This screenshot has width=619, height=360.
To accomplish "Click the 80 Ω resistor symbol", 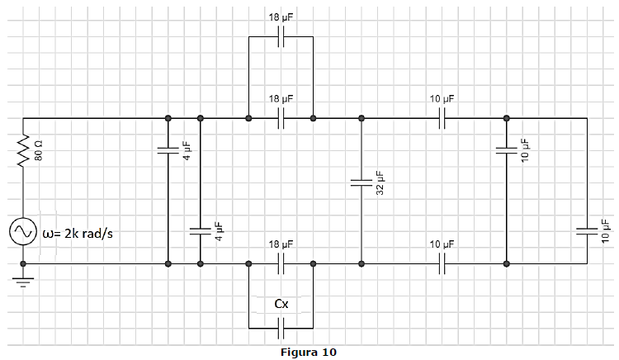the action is pyautogui.click(x=23, y=150).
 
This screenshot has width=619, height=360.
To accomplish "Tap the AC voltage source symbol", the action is pyautogui.click(x=23, y=231).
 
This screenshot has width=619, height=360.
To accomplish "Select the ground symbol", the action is pyautogui.click(x=23, y=282).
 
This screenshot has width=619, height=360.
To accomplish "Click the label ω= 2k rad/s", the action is pyautogui.click(x=78, y=234).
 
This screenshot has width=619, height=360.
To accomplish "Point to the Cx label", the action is pyautogui.click(x=281, y=304).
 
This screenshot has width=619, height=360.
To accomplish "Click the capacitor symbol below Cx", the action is pyautogui.click(x=281, y=329).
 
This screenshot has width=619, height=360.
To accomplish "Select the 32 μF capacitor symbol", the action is pyautogui.click(x=361, y=182).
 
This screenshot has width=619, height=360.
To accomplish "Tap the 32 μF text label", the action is pyautogui.click(x=380, y=182).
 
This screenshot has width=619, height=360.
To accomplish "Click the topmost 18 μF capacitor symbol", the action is pyautogui.click(x=281, y=36).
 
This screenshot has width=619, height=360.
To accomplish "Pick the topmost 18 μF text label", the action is pyautogui.click(x=281, y=17).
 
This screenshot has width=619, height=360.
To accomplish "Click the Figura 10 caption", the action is pyautogui.click(x=309, y=352).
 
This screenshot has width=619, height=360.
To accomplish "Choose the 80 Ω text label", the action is pyautogui.click(x=39, y=150).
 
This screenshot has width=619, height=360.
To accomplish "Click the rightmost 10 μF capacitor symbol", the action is pyautogui.click(x=587, y=231).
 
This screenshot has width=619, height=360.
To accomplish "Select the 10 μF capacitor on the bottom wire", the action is pyautogui.click(x=442, y=263).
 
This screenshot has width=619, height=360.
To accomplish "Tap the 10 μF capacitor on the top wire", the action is pyautogui.click(x=442, y=118).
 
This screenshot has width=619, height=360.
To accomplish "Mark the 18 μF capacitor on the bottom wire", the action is pyautogui.click(x=281, y=263).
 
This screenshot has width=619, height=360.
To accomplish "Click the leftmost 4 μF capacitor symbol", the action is pyautogui.click(x=168, y=150).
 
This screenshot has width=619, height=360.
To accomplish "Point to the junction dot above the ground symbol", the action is pyautogui.click(x=23, y=263).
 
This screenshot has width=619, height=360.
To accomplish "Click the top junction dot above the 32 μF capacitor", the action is pyautogui.click(x=361, y=118).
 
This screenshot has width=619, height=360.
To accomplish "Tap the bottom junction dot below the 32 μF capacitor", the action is pyautogui.click(x=361, y=263).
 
